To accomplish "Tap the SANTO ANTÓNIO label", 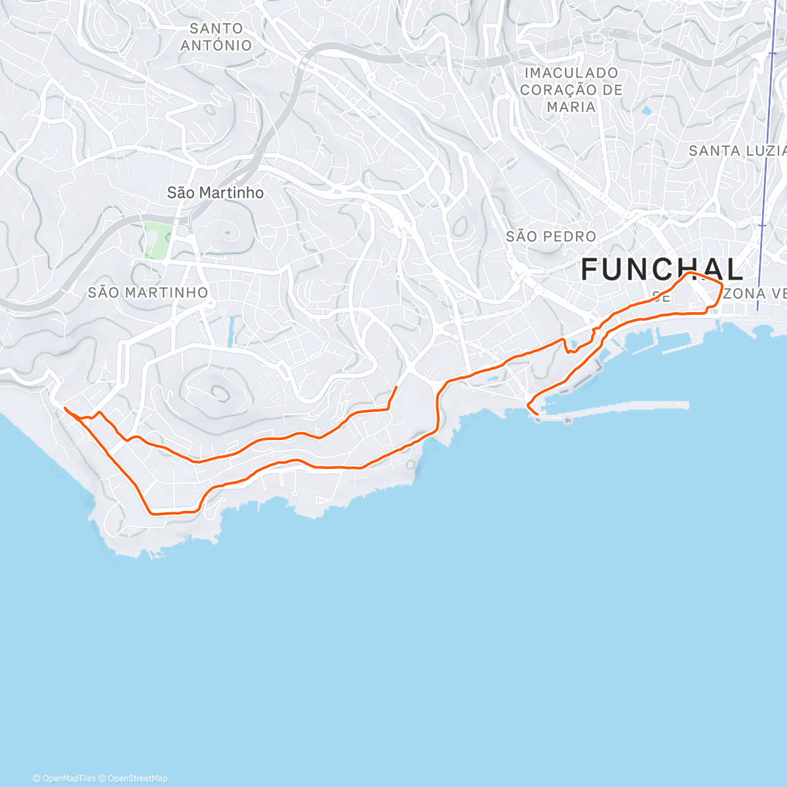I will coord(216,37).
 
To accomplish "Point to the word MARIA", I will coord(571,107).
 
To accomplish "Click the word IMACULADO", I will coord(571,73).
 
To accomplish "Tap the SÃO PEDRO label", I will coord(551,236).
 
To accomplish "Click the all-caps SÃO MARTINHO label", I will coord(148,293).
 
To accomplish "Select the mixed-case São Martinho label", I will coord(215,193).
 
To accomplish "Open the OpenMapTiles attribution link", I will coord(64,778).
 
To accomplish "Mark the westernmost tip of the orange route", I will coord(65,408).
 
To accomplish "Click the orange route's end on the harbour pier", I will coord(538,413).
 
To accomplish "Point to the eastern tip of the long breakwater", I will coord(687,405).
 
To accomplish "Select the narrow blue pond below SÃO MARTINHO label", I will coord(231,332).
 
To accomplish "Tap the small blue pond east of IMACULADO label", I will coord(647,111).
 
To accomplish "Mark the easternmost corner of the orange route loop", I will coord(722,286).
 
